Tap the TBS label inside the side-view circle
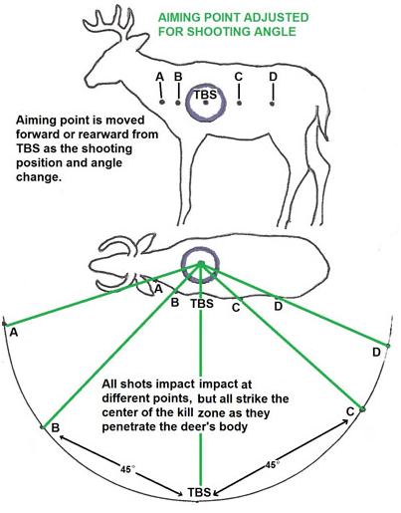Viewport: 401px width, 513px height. click(x=205, y=95)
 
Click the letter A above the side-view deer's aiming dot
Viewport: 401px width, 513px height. click(x=160, y=77)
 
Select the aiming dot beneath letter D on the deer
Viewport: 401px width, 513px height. click(x=272, y=104)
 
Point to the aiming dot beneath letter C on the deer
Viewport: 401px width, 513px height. click(x=239, y=104)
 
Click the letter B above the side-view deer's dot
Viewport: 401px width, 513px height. click(x=178, y=77)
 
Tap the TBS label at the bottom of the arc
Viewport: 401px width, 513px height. click(x=199, y=492)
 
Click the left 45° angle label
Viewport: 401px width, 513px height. click(x=127, y=469)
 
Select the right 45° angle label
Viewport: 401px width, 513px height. click(x=271, y=464)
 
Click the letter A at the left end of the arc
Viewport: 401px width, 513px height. click(x=14, y=332)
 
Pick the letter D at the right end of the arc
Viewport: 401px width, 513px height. click(x=376, y=352)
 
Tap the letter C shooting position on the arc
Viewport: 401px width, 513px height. click(x=350, y=411)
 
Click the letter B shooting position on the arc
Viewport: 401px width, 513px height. click(x=56, y=427)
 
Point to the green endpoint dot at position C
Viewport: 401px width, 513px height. click(x=362, y=409)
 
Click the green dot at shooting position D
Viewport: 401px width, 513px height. click(x=388, y=346)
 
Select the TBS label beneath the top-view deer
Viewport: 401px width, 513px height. click(x=202, y=304)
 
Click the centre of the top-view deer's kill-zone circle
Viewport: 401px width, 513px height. click(x=201, y=264)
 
